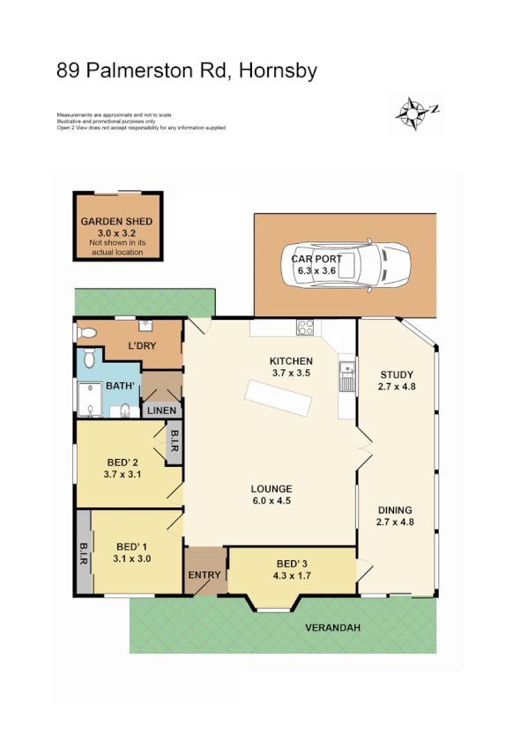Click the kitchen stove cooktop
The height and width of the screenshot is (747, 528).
pyautogui.click(x=306, y=328)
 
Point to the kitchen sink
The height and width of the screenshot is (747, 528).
pyautogui.click(x=346, y=378)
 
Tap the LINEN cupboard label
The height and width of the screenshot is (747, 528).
pyautogui.click(x=162, y=410)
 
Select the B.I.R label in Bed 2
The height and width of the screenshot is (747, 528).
pyautogui.click(x=175, y=440)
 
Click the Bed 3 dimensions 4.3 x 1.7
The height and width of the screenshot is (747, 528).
pyautogui.click(x=291, y=577)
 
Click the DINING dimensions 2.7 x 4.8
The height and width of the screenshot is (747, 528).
pyautogui.click(x=395, y=522)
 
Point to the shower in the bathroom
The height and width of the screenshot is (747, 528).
pyautogui.click(x=91, y=399)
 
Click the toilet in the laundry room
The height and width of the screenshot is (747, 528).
pyautogui.click(x=86, y=333)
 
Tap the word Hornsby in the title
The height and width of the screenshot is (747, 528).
pyautogui.click(x=281, y=70)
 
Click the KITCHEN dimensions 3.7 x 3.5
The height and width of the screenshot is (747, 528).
pyautogui.click(x=291, y=373)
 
